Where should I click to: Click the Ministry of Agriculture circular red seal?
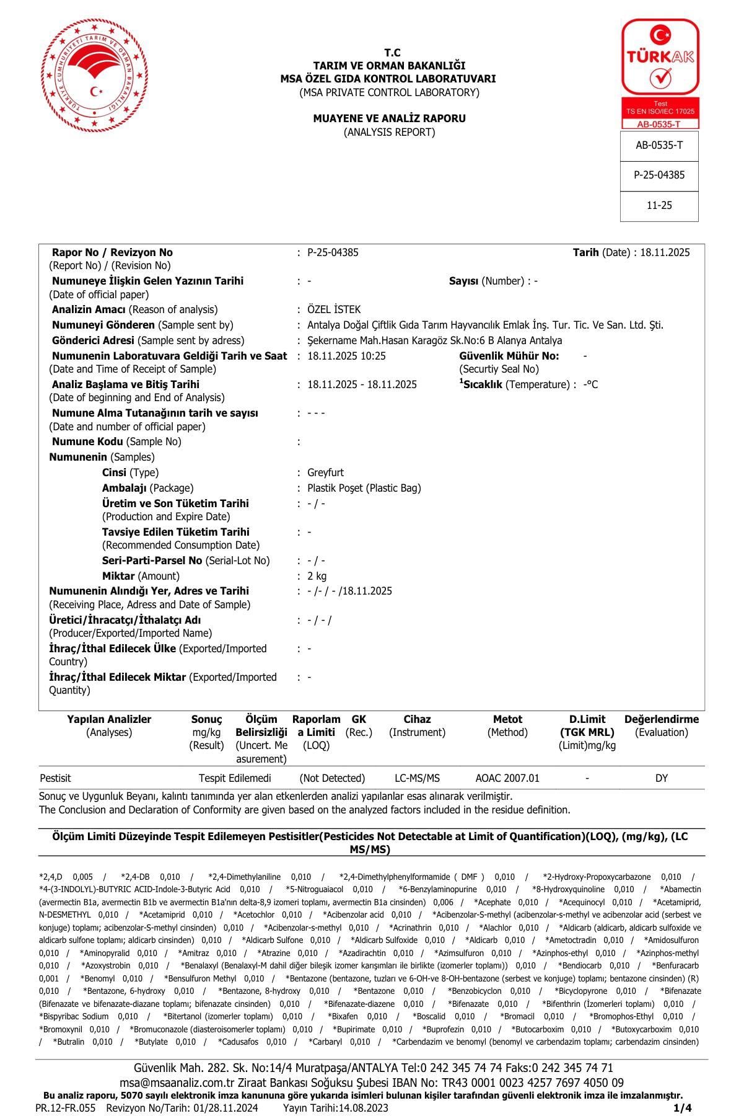(x=88, y=76)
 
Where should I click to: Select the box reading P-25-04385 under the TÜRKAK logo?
(x=659, y=175)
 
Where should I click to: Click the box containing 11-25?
(x=659, y=205)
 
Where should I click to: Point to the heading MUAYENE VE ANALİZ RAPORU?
(x=389, y=118)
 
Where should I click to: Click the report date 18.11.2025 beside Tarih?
(x=665, y=252)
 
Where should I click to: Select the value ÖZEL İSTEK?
(x=334, y=309)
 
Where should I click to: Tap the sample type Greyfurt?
(x=325, y=472)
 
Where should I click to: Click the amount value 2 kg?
(x=317, y=576)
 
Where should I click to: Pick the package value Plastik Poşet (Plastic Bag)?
(x=364, y=488)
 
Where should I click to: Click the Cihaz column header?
(x=417, y=719)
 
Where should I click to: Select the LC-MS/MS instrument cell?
(x=417, y=778)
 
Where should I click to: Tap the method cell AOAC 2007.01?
(x=507, y=778)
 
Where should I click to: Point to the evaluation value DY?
(x=662, y=778)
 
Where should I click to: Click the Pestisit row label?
(x=55, y=778)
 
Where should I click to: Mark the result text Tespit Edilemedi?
(x=235, y=778)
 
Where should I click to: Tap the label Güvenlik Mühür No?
(x=509, y=356)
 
